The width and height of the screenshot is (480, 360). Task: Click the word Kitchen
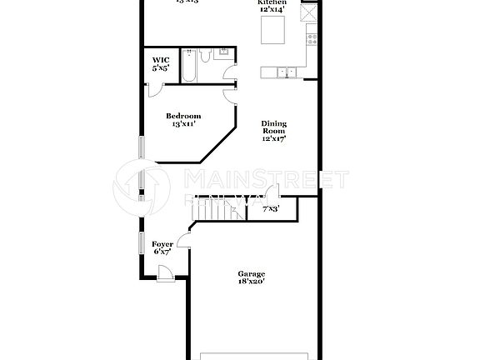(272, 3)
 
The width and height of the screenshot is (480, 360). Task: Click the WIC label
(160, 60)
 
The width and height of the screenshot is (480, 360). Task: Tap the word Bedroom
(182, 116)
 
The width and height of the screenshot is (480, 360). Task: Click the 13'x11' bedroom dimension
(182, 124)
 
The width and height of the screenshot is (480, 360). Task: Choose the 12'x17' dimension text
(274, 138)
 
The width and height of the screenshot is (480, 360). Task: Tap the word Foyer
(162, 244)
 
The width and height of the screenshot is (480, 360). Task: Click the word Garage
(251, 274)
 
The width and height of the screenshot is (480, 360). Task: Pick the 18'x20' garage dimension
(251, 282)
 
